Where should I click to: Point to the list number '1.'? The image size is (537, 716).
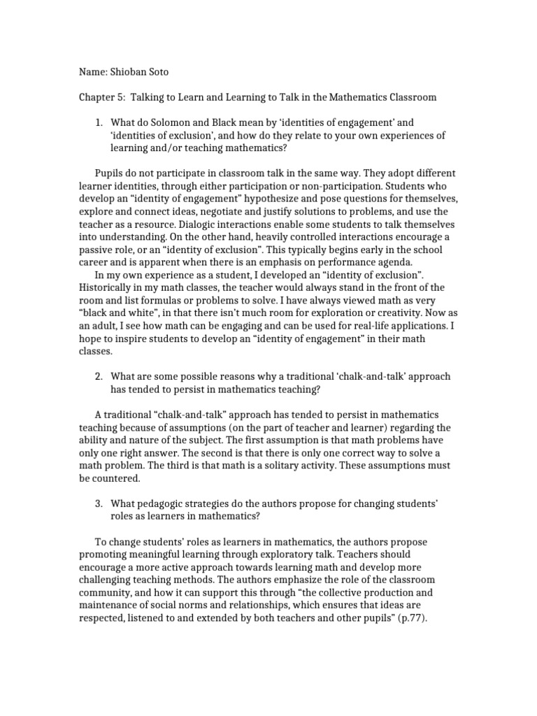(x=99, y=122)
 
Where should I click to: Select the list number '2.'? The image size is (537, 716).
(x=99, y=376)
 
